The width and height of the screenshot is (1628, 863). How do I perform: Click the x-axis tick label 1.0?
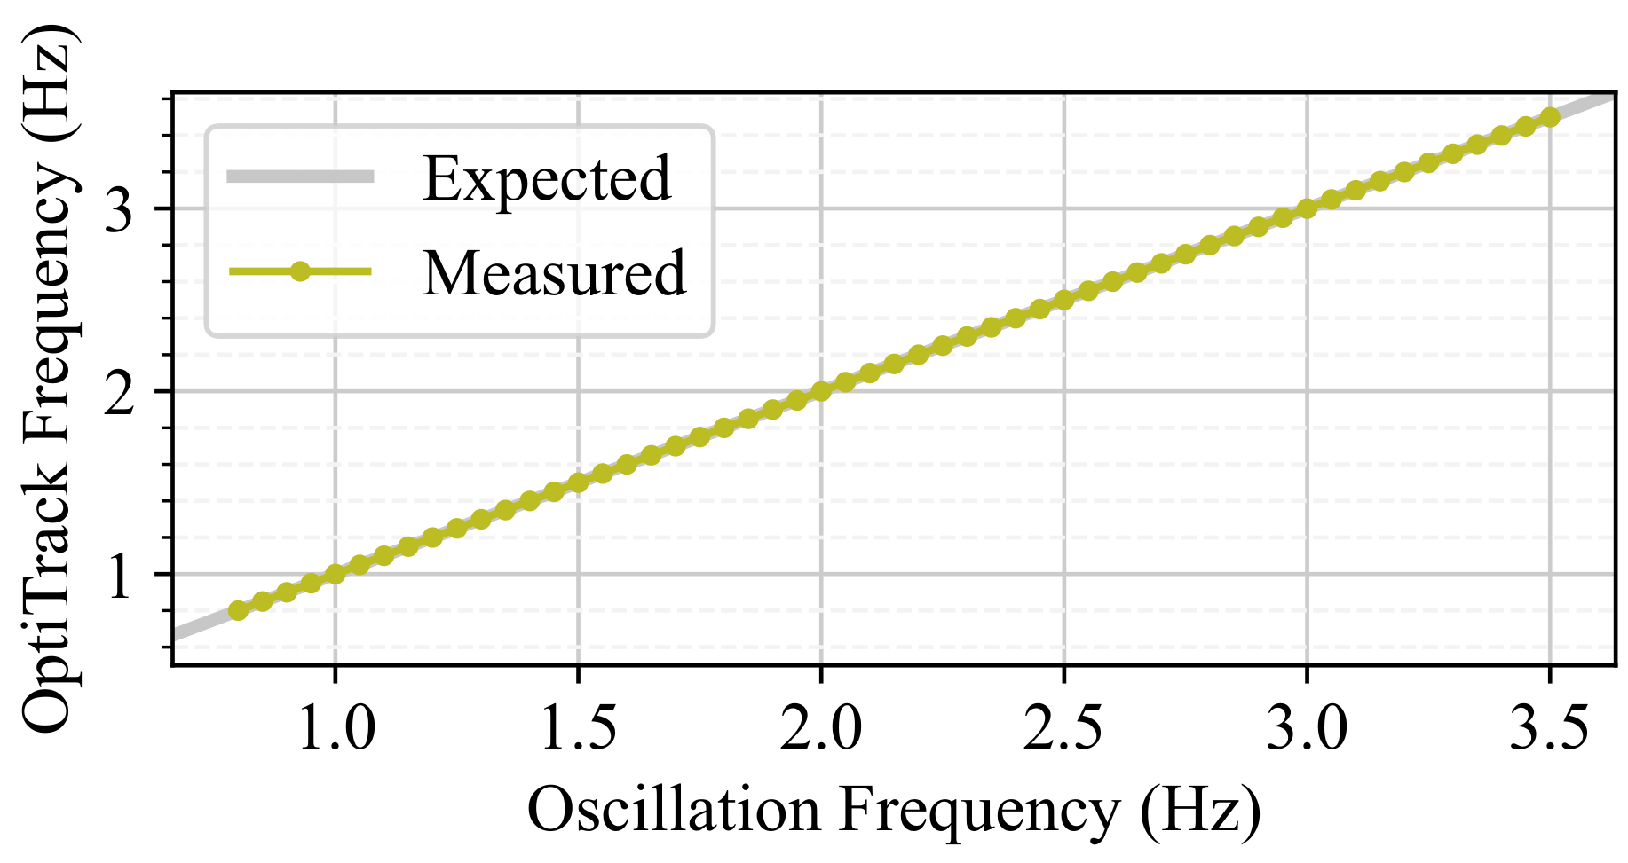[336, 730]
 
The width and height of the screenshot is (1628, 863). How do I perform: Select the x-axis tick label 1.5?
[578, 730]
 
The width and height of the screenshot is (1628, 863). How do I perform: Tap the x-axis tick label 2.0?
[821, 730]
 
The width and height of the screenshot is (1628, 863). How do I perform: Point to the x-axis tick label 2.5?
[1063, 730]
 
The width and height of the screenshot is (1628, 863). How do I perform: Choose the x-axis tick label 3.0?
[1307, 730]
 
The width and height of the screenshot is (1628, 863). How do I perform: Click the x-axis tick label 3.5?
[1549, 730]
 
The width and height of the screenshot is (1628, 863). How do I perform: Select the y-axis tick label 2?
[119, 392]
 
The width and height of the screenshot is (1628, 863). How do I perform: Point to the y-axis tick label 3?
[119, 209]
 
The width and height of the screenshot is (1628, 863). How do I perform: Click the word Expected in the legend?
[547, 179]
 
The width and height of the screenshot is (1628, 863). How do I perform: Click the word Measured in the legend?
[554, 273]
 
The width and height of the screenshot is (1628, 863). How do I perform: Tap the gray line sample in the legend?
[300, 176]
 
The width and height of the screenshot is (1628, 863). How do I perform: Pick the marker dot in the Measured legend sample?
[300, 271]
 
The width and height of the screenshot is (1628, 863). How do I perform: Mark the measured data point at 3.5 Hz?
[1550, 117]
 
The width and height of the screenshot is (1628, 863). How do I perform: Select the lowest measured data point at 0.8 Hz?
[238, 610]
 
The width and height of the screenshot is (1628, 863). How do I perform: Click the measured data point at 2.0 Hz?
[821, 391]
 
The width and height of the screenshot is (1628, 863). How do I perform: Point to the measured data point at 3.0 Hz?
[1307, 208]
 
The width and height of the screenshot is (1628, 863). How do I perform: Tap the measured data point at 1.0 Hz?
[336, 574]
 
